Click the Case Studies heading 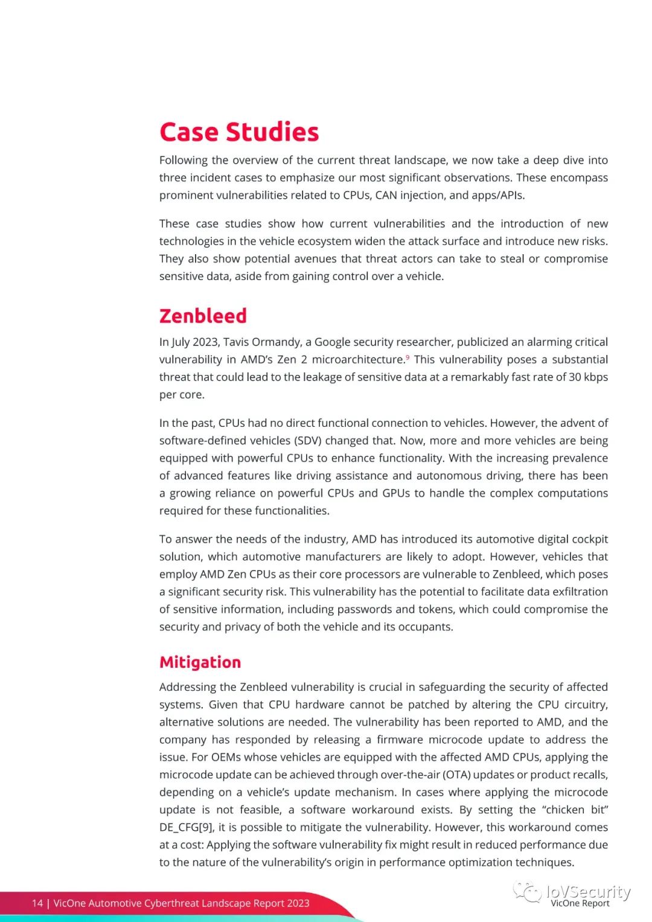239,132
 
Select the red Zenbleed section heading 203,316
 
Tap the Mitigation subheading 200,662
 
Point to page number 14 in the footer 37,903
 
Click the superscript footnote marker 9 407,357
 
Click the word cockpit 587,539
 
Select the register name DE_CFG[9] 187,827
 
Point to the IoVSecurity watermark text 588,891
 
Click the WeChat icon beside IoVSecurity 527,892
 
